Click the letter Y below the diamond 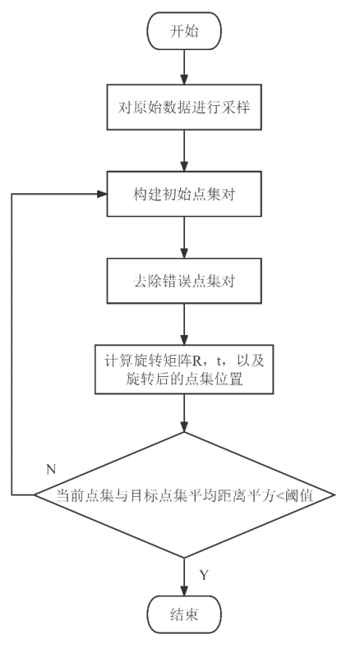pos(205,575)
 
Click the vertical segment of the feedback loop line pos(12,345)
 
